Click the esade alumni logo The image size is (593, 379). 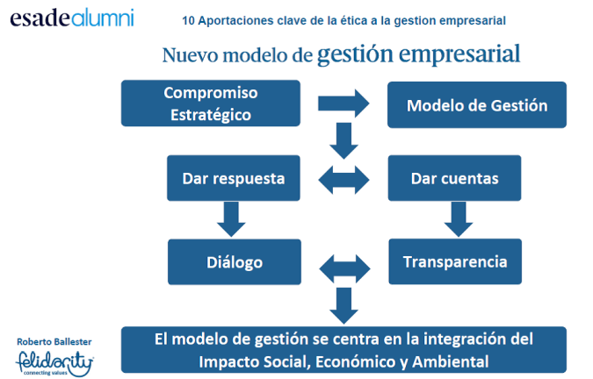click(x=71, y=19)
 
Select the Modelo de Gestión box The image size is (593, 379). click(x=477, y=106)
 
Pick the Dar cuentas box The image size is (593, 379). click(x=454, y=178)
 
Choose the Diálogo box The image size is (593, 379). click(x=235, y=262)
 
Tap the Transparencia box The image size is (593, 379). click(x=454, y=261)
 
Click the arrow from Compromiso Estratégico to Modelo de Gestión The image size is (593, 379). click(x=344, y=104)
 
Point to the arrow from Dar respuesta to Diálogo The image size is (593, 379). click(x=231, y=218)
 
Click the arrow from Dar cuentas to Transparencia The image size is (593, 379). click(x=456, y=218)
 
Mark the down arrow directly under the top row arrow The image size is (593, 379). click(x=344, y=138)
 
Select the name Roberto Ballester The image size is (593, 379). click(x=54, y=340)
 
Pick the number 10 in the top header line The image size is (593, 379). click(x=188, y=19)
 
